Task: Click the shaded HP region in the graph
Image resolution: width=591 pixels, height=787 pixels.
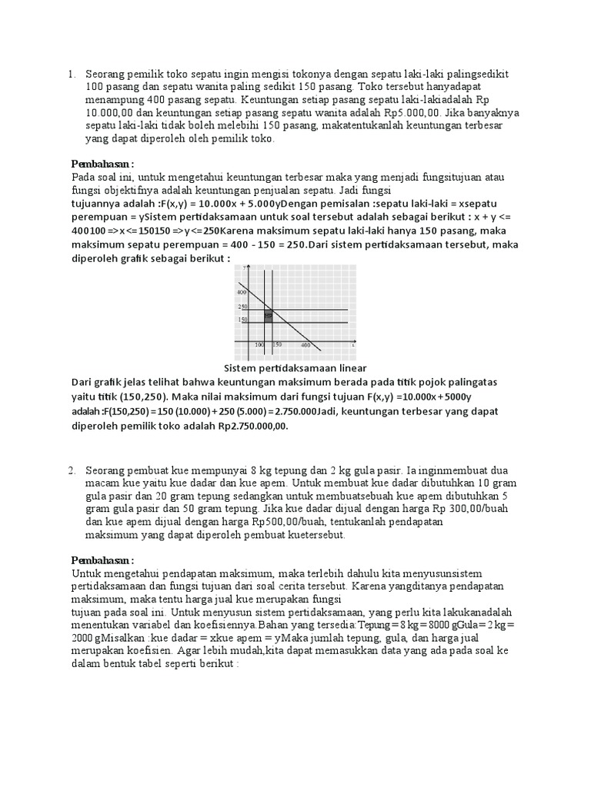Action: (268, 315)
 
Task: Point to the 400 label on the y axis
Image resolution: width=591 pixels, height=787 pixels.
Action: (242, 293)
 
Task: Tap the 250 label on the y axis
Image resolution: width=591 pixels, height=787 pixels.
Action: (242, 307)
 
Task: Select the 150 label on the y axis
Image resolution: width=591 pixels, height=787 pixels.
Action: (242, 320)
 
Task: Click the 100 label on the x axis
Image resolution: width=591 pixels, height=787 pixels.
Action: (259, 346)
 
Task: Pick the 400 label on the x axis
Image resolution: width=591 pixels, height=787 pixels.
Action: (306, 346)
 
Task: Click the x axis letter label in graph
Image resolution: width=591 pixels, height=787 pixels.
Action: (352, 346)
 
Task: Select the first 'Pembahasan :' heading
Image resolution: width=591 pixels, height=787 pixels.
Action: (102, 164)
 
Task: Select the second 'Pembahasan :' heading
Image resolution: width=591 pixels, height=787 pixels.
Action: (102, 560)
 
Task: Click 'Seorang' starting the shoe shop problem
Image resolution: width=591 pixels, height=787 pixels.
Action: (105, 74)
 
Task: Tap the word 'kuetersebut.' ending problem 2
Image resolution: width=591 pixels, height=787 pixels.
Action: (315, 534)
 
